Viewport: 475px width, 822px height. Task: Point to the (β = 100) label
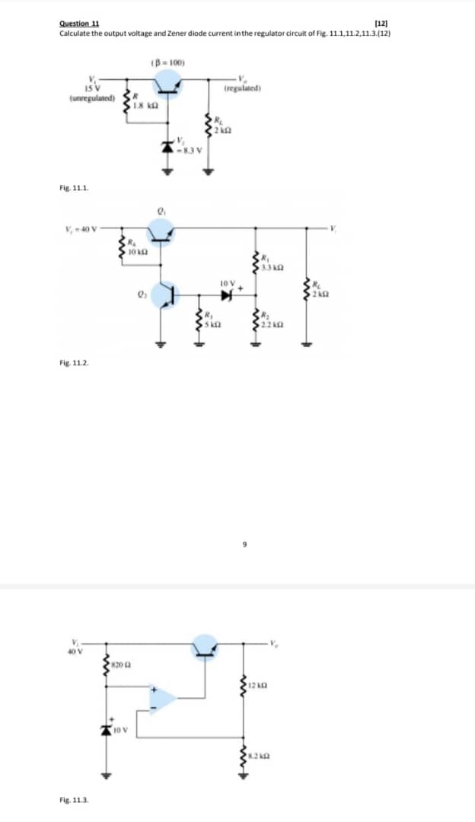point(167,62)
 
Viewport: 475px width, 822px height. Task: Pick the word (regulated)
point(244,88)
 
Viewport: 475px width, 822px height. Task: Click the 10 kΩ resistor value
point(136,250)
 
